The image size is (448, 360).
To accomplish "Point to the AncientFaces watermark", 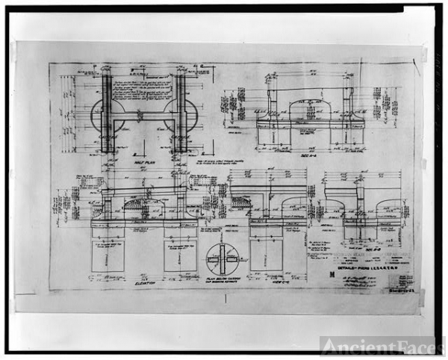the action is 382,345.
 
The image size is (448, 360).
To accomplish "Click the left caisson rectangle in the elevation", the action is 108,256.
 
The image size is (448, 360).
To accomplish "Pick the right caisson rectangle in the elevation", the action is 179,256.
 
